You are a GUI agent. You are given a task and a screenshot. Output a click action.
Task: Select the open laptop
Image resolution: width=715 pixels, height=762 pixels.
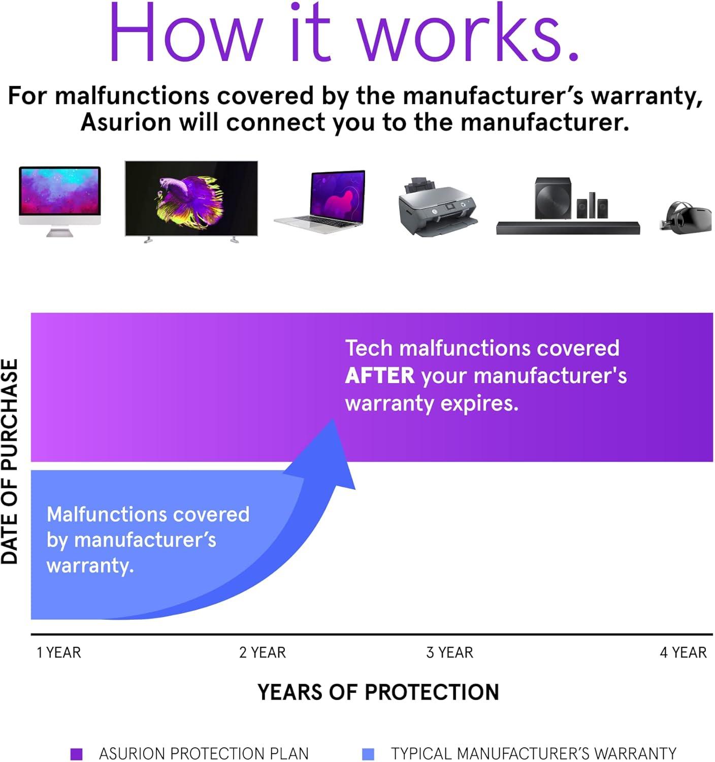(x=319, y=202)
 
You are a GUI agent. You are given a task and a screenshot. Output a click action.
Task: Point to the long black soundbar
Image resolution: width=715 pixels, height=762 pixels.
(x=568, y=228)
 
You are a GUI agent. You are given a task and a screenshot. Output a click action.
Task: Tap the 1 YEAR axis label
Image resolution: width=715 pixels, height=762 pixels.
(x=59, y=653)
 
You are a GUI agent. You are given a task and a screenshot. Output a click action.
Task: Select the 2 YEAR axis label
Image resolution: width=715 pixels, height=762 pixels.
(x=263, y=653)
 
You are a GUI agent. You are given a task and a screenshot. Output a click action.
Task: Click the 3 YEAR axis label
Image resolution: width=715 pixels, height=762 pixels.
(x=449, y=653)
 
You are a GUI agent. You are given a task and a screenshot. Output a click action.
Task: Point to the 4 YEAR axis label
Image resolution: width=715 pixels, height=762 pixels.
(x=683, y=653)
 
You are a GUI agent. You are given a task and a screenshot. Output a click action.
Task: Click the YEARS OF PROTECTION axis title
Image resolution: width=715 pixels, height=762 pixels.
(x=378, y=692)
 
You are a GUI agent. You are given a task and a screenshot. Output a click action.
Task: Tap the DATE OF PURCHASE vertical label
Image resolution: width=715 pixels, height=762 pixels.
(x=10, y=461)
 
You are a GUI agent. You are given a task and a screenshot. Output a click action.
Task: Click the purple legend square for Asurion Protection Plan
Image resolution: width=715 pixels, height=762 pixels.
(x=77, y=753)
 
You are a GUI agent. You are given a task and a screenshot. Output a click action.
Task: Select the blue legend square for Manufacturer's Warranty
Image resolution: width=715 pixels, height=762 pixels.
(x=368, y=753)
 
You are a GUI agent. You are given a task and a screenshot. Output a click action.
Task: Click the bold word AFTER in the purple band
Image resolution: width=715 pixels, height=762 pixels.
(x=380, y=375)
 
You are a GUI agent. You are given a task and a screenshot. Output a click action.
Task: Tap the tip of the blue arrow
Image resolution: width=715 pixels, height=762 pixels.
(x=333, y=420)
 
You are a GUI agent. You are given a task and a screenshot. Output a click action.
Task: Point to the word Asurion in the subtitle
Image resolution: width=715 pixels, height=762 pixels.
(x=126, y=122)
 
